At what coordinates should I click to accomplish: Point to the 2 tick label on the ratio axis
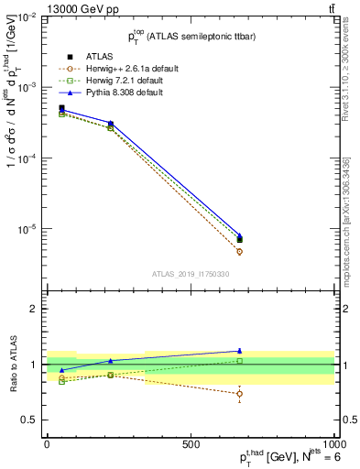[x=35, y=310]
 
